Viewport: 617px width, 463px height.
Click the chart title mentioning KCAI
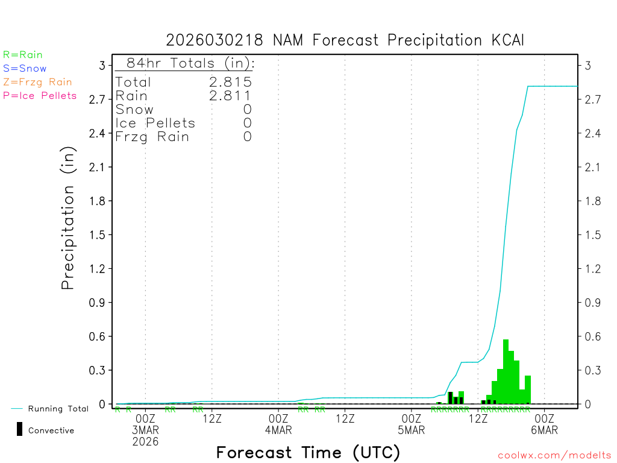(x=345, y=40)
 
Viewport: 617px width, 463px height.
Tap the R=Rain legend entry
(x=23, y=55)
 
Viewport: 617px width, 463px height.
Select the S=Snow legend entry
(x=25, y=69)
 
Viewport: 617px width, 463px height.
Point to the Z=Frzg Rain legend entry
(x=37, y=82)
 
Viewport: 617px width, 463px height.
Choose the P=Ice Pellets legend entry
(x=40, y=95)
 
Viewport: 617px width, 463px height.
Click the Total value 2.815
(x=230, y=82)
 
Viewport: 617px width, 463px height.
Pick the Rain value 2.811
(x=230, y=95)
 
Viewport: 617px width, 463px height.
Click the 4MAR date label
(x=278, y=430)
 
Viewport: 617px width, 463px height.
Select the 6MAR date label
(x=544, y=430)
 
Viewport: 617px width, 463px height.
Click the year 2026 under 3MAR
(x=145, y=442)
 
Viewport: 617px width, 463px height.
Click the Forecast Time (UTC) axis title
(x=308, y=452)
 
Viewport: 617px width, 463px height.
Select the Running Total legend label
(x=58, y=409)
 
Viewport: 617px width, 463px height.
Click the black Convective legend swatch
(x=19, y=429)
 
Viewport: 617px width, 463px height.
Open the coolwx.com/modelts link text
(x=554, y=456)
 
